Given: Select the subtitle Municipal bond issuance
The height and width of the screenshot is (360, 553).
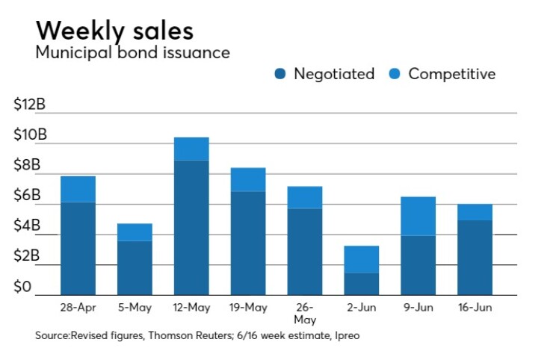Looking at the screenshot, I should (x=132, y=53).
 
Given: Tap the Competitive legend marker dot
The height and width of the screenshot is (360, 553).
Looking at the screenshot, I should (x=395, y=74).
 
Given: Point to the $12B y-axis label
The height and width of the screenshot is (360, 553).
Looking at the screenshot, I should (x=30, y=105).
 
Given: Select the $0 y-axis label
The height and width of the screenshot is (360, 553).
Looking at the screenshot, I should (x=24, y=288).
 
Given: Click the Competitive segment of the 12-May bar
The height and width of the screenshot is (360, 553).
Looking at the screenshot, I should (x=191, y=149).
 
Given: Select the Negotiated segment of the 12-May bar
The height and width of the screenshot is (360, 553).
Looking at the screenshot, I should (x=191, y=227).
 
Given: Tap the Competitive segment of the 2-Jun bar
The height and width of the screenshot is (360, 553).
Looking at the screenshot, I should (x=361, y=259).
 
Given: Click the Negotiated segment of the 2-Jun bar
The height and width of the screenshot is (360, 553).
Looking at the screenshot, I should (x=361, y=284).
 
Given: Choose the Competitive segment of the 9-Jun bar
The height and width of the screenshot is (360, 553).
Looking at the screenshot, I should (x=418, y=216).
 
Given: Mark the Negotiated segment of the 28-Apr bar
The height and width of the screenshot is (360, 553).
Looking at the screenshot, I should (x=78, y=248).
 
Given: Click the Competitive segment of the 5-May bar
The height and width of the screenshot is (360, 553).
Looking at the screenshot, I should (x=135, y=232).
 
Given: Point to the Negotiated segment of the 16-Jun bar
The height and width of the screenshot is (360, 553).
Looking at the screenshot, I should (x=475, y=257).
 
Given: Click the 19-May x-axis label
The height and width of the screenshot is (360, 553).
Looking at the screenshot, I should (x=247, y=307).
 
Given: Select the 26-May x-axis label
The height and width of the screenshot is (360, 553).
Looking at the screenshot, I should (x=304, y=312).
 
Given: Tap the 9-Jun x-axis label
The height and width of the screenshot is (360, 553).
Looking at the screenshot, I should (x=418, y=307).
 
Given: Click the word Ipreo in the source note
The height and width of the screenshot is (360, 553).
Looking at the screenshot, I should (x=346, y=335).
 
